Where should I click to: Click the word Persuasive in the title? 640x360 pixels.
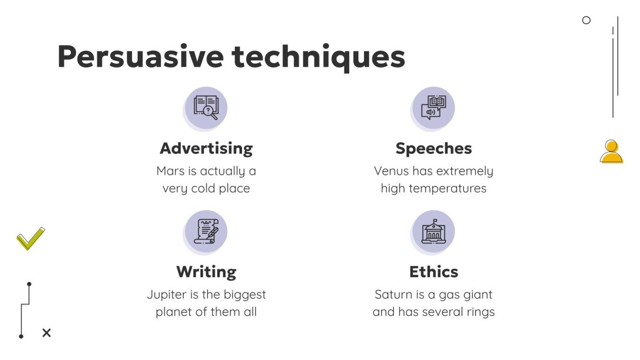140,57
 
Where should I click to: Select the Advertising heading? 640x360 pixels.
206,148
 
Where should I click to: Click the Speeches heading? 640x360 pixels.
433,148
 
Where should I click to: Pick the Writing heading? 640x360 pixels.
206,272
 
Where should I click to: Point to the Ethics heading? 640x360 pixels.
433,272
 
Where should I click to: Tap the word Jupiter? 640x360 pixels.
166,295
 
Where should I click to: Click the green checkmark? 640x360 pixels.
30,239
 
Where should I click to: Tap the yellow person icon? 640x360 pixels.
611,152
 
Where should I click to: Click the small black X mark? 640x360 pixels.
46,333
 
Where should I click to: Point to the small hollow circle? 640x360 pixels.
586,20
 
